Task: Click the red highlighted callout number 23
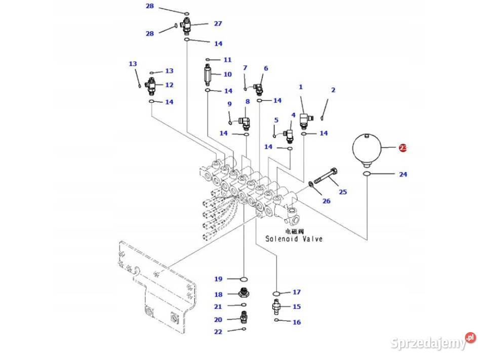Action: pos(402,148)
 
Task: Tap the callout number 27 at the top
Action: pos(218,23)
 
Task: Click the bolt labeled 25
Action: pos(325,175)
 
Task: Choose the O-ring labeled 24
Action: pos(367,175)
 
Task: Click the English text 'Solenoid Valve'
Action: pos(294,238)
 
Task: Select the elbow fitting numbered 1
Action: pos(305,119)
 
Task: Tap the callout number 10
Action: pos(227,74)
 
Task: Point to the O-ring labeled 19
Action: pos(244,279)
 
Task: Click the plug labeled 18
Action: pos(244,293)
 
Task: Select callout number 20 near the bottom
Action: pos(218,319)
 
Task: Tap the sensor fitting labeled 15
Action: pos(276,306)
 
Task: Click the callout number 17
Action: pos(297,292)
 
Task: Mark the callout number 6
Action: pos(266,68)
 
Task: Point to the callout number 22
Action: pos(218,332)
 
